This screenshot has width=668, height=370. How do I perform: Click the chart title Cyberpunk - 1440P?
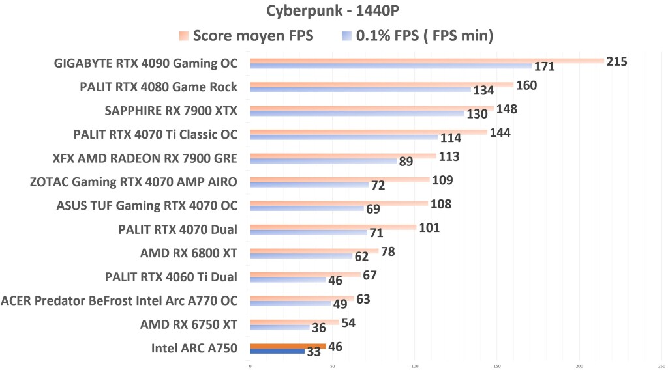click(334, 11)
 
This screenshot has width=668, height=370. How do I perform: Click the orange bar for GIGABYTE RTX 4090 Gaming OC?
click(427, 61)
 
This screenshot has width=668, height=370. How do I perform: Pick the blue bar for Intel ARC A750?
click(277, 351)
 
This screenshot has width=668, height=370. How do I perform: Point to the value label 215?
click(616, 62)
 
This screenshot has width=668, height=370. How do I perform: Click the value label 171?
click(544, 66)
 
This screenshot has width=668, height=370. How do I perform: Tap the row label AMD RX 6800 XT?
click(189, 253)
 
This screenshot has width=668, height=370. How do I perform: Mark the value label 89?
click(406, 162)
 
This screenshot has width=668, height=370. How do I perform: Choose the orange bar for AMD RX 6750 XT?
click(294, 322)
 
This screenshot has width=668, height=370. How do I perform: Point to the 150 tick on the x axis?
click(497, 365)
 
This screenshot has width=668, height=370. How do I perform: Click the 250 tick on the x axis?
click(661, 365)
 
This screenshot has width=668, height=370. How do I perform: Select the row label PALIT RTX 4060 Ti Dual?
click(171, 277)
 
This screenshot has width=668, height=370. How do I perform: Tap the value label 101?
click(429, 228)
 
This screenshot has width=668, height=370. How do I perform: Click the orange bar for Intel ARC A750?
click(288, 346)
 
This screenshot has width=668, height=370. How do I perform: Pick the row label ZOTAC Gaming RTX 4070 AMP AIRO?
click(134, 182)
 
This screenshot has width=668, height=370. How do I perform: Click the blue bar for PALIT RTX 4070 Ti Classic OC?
click(344, 137)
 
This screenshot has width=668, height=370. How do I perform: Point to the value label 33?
click(314, 352)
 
